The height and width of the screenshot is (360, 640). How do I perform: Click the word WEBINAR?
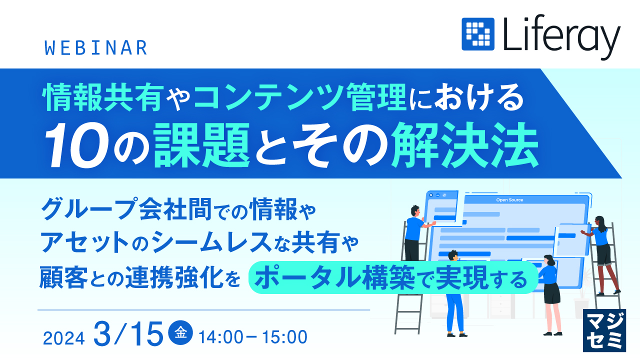point(96,47)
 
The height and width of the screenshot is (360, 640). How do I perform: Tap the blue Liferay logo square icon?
point(477,34)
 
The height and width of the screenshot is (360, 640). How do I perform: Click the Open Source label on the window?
point(509,200)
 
